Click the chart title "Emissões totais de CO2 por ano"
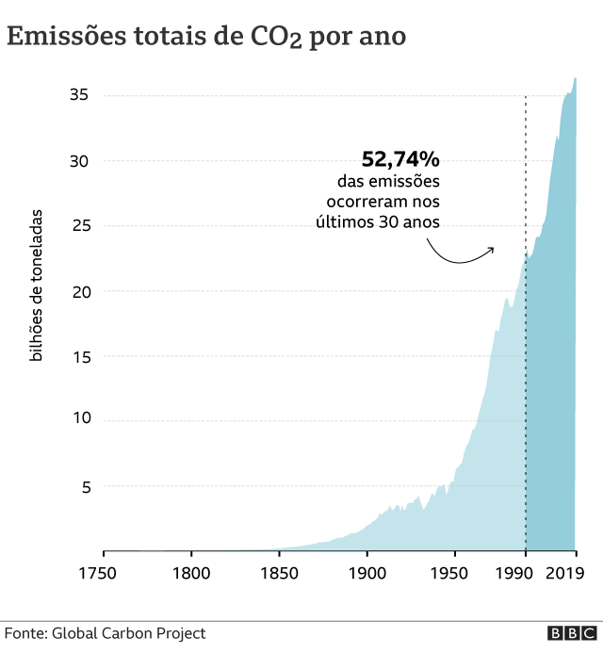(207, 37)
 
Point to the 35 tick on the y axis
(78, 95)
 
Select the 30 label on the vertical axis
(78, 161)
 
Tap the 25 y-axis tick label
(78, 226)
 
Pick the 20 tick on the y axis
(78, 291)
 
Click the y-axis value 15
(78, 356)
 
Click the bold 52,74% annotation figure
(400, 159)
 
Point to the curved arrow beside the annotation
(461, 254)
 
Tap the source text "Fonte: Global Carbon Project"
(106, 634)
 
